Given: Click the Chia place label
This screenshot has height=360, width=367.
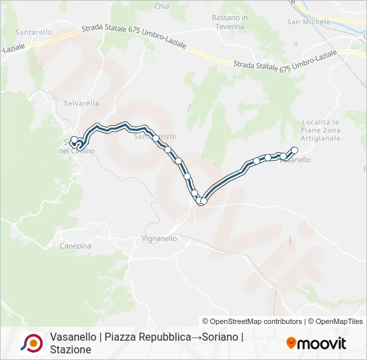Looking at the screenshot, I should pyautogui.click(x=161, y=7).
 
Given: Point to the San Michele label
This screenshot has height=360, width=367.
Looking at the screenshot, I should pyautogui.click(x=308, y=22).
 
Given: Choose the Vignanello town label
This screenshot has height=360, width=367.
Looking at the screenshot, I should pyautogui.click(x=159, y=238).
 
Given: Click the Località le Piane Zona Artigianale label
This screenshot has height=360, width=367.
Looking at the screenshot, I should pyautogui.click(x=321, y=130).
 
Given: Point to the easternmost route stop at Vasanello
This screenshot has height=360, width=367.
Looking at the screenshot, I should pyautogui.click(x=294, y=150).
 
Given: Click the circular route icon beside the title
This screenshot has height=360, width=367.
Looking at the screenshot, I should pyautogui.click(x=31, y=343).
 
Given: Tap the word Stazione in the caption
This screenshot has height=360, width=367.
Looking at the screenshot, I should pyautogui.click(x=70, y=350).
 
